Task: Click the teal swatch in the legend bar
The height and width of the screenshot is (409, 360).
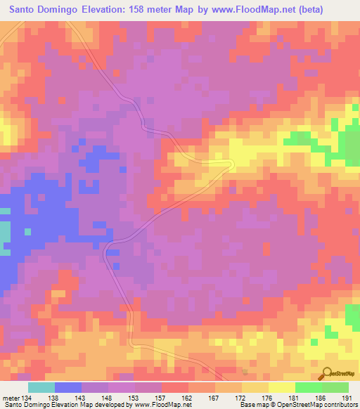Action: [41, 388]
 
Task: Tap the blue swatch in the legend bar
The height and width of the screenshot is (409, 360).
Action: [68, 388]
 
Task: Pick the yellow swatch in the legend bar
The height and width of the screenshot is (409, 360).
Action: [282, 388]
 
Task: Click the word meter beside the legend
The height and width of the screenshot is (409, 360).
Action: [11, 398]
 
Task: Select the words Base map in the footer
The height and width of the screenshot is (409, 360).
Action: [254, 405]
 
